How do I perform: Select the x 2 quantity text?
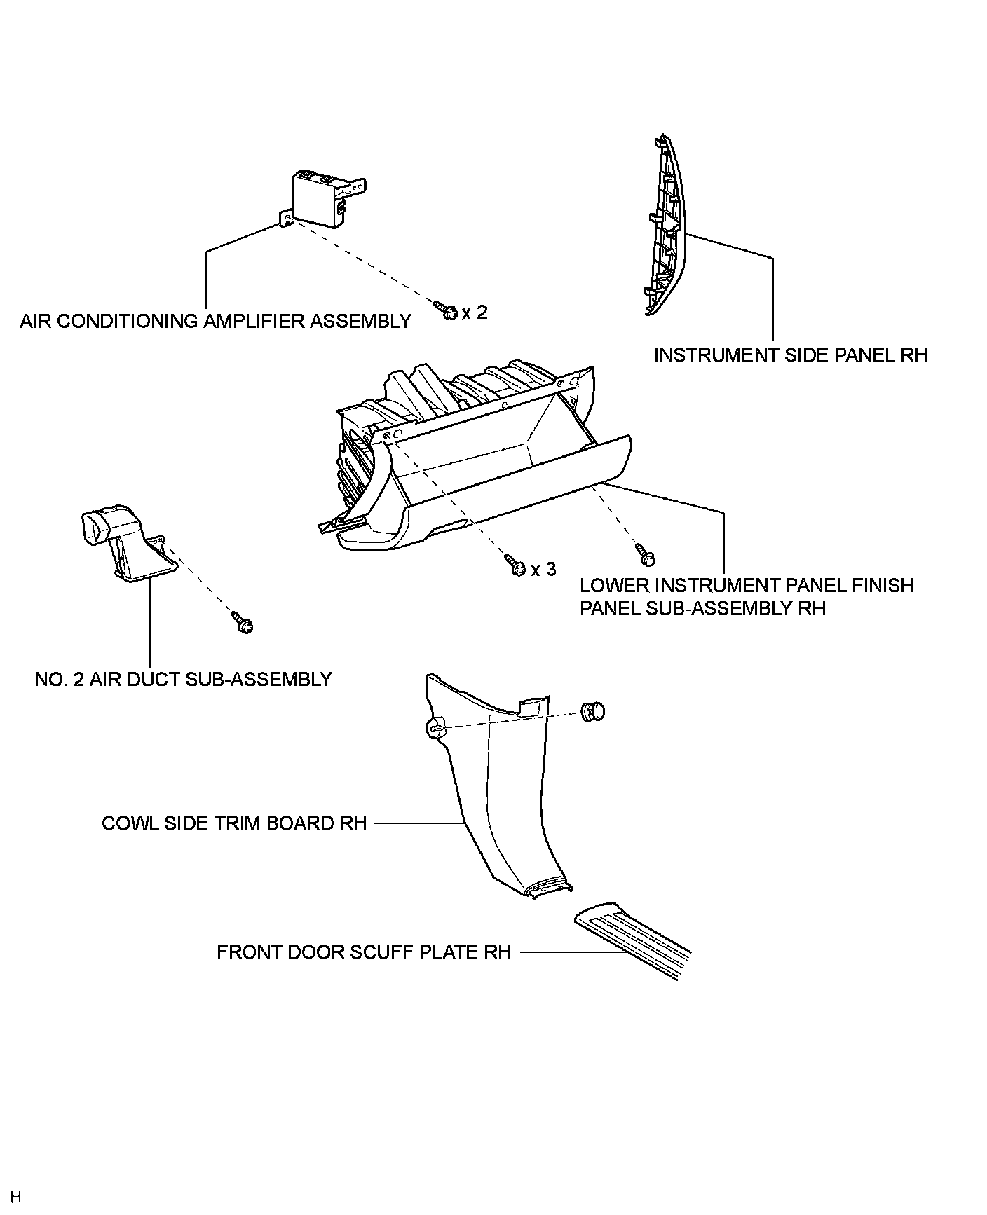475,312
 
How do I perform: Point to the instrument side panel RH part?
665,231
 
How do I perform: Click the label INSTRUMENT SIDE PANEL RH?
791,355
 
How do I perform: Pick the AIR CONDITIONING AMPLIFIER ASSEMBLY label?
215,322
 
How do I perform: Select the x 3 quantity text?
543,570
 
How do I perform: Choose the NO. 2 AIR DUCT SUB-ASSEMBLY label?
183,679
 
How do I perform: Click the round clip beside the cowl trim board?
592,712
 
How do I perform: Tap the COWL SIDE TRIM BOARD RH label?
234,823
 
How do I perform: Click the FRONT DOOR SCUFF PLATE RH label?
364,953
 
